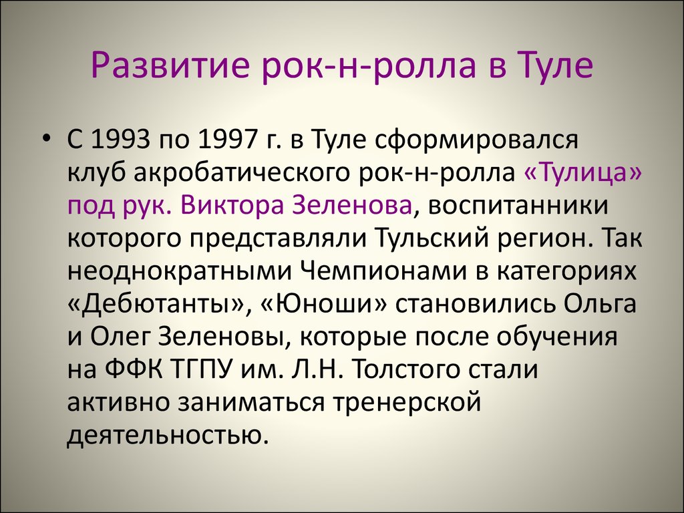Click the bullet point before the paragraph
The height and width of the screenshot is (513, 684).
(46, 139)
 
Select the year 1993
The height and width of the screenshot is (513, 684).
(118, 140)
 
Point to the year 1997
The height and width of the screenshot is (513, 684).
(224, 140)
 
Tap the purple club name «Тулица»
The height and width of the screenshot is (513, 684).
(582, 173)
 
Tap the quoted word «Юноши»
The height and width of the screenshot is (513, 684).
(324, 304)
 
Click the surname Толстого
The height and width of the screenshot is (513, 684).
(405, 370)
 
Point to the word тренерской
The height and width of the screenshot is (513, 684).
(407, 403)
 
